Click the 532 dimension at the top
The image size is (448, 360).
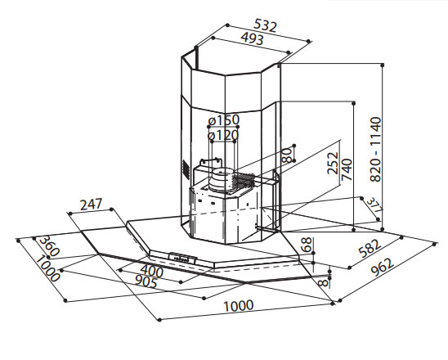coord(266,25)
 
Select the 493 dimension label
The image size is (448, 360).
coord(252,38)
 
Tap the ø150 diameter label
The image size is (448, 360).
coord(224,120)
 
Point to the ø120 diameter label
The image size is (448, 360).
coord(223,135)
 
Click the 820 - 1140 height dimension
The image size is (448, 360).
coord(375,149)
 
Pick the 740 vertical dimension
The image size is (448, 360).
coord(347,169)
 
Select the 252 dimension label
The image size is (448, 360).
coord(333,164)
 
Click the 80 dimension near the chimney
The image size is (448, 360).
coord(287,155)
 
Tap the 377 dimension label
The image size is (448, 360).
coord(374,205)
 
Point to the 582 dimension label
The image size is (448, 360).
coord(370,248)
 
